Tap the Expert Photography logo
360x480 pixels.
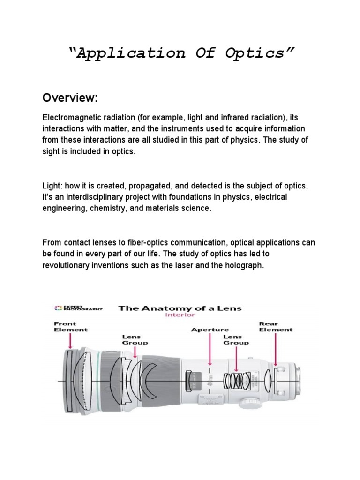point(78,308)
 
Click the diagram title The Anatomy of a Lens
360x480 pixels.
point(180,308)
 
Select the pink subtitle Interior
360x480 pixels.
point(180,315)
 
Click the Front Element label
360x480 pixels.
point(71,326)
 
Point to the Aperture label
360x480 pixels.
point(210,330)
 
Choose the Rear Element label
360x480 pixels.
point(276,326)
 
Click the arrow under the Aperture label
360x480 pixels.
point(210,349)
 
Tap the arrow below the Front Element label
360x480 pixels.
point(71,341)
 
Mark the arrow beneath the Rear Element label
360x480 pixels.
point(276,349)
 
